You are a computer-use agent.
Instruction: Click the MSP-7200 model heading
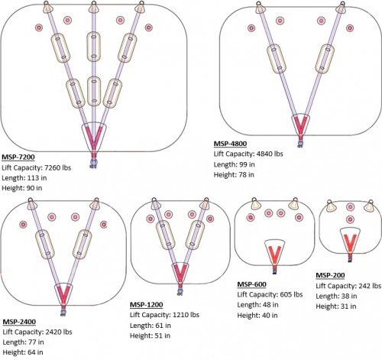tap(18, 157)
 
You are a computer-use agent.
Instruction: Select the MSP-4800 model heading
tap(230, 144)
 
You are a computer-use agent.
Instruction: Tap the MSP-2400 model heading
tap(19, 322)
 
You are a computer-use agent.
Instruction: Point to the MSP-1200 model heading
tap(147, 305)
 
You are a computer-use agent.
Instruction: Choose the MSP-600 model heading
tap(251, 284)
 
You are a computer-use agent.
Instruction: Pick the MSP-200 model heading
tap(330, 275)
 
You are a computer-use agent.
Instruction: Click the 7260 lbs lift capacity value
tap(58, 167)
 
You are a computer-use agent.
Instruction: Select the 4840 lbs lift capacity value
tap(270, 154)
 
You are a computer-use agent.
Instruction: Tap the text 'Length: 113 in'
tap(24, 178)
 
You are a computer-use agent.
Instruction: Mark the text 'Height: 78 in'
tap(234, 175)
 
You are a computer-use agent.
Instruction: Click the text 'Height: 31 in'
tap(336, 306)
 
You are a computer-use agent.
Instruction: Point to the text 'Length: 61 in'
tap(151, 326)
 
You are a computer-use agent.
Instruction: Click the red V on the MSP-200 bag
tap(350, 242)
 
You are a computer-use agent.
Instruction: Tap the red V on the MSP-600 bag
tap(275, 255)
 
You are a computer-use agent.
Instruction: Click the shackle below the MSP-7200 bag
tap(93, 163)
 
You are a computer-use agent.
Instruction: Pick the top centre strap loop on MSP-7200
tap(93, 7)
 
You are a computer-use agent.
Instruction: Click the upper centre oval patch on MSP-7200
tap(93, 47)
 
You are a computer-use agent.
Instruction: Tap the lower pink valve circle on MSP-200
tap(351, 219)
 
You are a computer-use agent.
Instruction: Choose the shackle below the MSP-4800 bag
tap(300, 144)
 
